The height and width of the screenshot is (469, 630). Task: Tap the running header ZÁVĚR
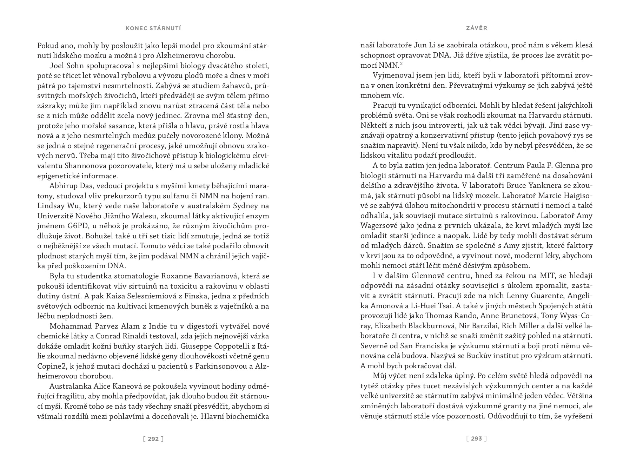(476, 28)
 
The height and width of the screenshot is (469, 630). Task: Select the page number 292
(153, 438)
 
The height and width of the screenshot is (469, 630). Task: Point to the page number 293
(476, 438)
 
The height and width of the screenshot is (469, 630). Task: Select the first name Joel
(57, 66)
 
